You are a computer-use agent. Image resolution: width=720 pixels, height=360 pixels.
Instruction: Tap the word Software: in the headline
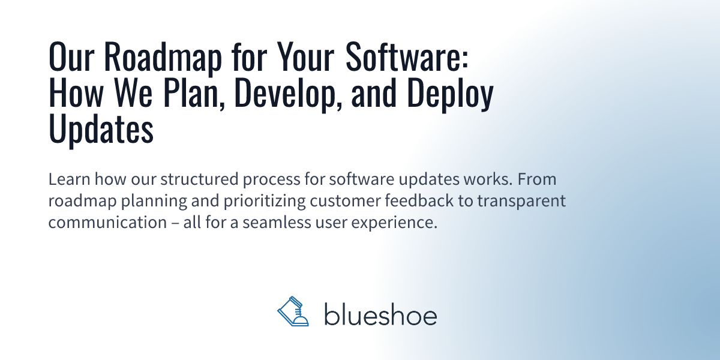click(x=407, y=56)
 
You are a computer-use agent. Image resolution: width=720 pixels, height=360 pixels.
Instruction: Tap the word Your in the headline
click(x=305, y=56)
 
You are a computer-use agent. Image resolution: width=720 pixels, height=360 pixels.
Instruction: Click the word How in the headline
click(x=76, y=92)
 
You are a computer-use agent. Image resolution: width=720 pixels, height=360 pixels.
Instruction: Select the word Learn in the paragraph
click(x=69, y=179)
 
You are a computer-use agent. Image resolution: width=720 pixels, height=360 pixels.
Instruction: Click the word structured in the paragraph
click(x=199, y=179)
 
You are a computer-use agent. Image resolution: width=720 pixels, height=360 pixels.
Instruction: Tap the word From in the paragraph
click(x=537, y=179)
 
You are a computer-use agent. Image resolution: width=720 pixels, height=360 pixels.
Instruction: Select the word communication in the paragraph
click(x=107, y=222)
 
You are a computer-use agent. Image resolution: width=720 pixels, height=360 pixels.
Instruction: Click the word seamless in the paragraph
click(x=277, y=222)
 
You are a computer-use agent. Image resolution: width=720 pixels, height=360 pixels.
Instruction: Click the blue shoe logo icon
click(x=293, y=311)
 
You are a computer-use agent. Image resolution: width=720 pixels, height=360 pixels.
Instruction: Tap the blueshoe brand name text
click(x=380, y=314)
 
